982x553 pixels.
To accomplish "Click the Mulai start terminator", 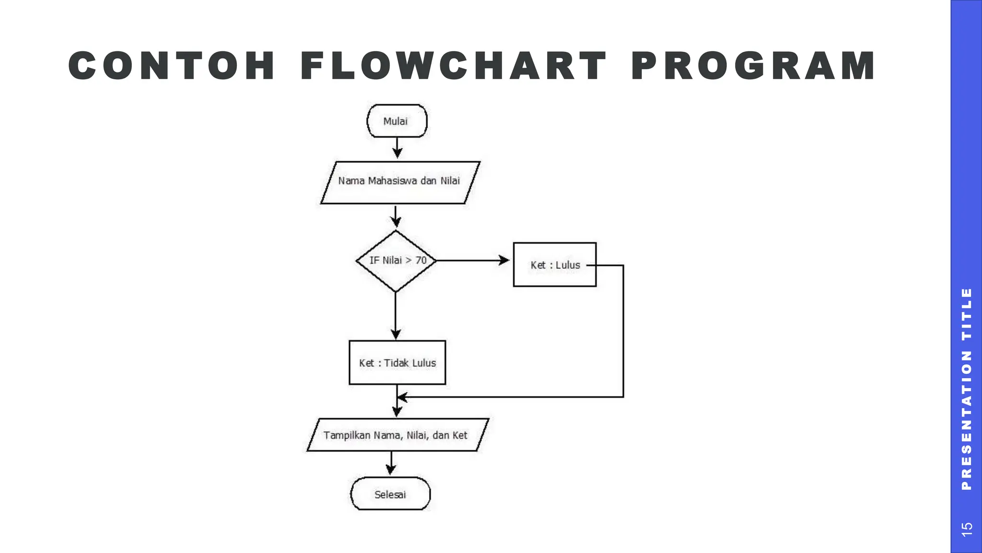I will pos(397,121).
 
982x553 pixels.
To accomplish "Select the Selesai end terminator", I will pos(390,494).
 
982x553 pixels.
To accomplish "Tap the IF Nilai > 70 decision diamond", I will pos(396,261).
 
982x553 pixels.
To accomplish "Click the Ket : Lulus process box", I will pos(555,264).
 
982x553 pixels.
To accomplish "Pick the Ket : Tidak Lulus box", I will pos(397,362).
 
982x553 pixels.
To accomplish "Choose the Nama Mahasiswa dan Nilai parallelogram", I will pos(400,182).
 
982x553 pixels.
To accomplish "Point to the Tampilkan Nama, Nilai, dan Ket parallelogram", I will pos(397,435).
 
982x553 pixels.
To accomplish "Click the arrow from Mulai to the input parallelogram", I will pos(397,147).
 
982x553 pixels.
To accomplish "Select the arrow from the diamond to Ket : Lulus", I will pos(473,261).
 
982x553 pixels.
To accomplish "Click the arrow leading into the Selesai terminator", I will pos(391,463).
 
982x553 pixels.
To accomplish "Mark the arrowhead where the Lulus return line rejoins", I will pos(402,397).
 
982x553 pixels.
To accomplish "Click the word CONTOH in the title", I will pos(172,66).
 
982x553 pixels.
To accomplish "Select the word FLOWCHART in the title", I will pos(454,66).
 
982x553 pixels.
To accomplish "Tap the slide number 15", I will pos(967,529).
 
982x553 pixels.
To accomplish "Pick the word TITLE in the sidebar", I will pos(967,314).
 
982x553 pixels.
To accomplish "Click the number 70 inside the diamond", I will pos(421,260).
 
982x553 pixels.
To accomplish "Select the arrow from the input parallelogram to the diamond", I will pos(396,216).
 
